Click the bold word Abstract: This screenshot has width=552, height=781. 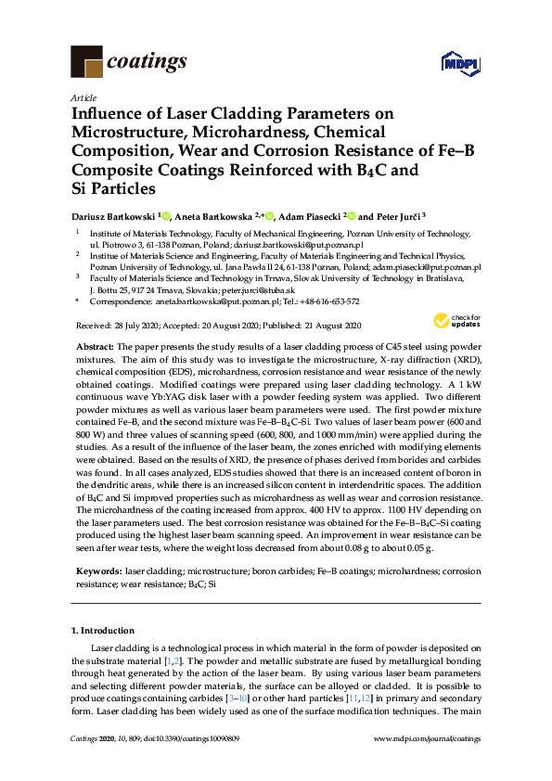click(95, 345)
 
